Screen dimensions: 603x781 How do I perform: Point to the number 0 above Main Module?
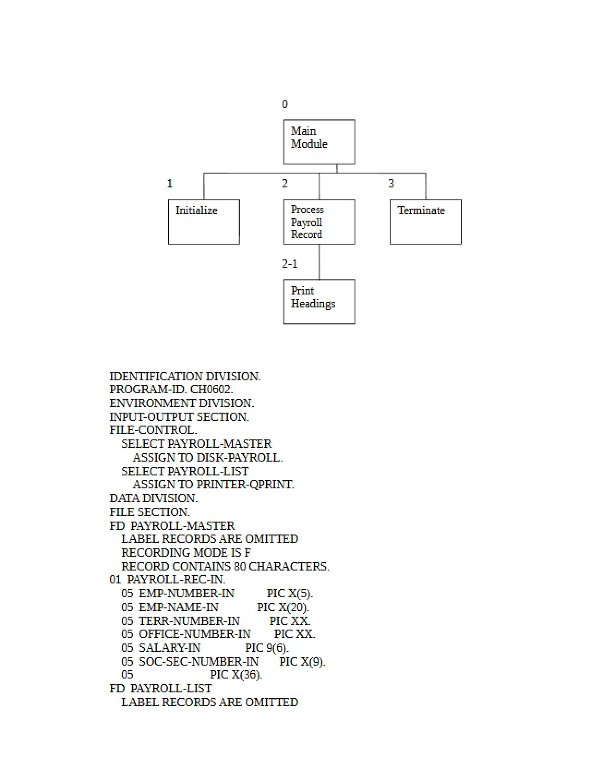coord(285,104)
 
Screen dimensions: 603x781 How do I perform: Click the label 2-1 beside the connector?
coord(290,264)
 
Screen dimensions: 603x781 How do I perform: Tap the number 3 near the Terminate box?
coord(391,183)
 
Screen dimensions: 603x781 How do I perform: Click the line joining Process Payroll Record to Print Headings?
coord(319,262)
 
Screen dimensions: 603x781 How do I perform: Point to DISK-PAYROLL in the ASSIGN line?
coord(239,457)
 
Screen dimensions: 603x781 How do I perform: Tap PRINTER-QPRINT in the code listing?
coord(245,484)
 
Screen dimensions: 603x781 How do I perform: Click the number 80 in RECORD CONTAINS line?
coord(240,566)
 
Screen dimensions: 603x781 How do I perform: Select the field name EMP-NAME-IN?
coord(179,607)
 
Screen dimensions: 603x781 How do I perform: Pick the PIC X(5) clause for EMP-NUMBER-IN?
coord(289,593)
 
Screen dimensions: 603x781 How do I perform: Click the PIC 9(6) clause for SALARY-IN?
coord(267,648)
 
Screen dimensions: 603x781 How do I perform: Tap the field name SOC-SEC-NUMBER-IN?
coord(199,661)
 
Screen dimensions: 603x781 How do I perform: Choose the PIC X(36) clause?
coord(236,675)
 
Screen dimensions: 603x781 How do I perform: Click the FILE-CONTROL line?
coord(153,430)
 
